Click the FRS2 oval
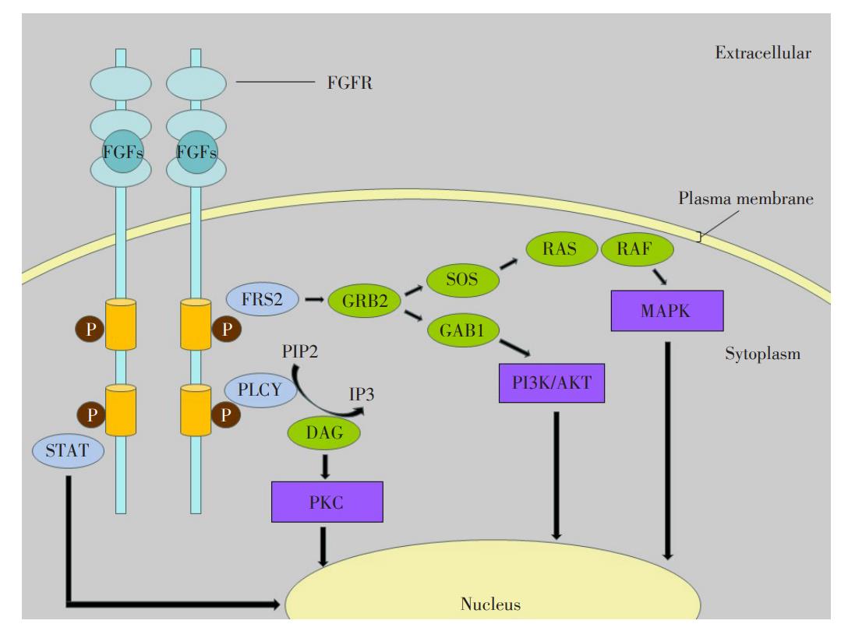point(263,299)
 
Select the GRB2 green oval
point(365,301)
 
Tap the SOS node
point(462,280)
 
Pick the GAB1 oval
point(463,330)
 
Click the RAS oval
point(561,249)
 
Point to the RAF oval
point(637,249)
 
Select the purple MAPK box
point(667,311)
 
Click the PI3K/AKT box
point(552,383)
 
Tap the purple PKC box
point(327,502)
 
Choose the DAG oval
point(324,432)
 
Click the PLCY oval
point(260,390)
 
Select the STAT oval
point(68,450)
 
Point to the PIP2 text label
point(299,352)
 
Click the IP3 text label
point(362,394)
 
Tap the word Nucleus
point(490,604)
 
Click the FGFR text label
point(350,83)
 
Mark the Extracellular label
point(763,53)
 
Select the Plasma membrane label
point(746,199)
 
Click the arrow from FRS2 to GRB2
point(313,299)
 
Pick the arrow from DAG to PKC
point(324,467)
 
